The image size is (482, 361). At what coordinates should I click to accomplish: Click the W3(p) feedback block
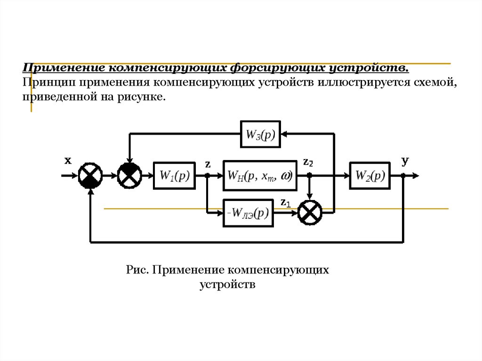click(x=260, y=135)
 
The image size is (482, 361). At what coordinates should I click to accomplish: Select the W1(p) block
click(x=174, y=176)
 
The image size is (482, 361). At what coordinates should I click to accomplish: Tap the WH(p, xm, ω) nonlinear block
click(x=260, y=176)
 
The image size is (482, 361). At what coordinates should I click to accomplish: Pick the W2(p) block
click(x=370, y=176)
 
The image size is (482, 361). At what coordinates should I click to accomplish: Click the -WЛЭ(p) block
click(x=248, y=213)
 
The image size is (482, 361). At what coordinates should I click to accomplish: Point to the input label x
click(x=68, y=160)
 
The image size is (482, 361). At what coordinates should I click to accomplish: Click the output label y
click(x=405, y=161)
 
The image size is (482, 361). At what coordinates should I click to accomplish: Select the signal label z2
click(x=308, y=162)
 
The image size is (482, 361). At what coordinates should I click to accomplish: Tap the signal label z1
click(x=286, y=203)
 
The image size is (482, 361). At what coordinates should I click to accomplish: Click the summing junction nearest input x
click(x=90, y=176)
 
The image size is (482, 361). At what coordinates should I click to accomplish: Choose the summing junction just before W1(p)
click(x=130, y=176)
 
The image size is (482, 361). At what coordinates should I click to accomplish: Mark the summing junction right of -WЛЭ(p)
click(x=310, y=213)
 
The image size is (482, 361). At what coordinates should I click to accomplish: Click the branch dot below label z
click(x=208, y=176)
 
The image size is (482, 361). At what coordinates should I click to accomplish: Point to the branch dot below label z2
click(x=310, y=176)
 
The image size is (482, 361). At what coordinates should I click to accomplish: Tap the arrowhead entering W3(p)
click(x=284, y=134)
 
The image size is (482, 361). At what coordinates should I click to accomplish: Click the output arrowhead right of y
click(x=416, y=176)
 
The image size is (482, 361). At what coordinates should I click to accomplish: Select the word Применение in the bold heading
click(x=64, y=68)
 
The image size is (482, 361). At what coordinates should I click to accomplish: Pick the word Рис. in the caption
click(x=137, y=270)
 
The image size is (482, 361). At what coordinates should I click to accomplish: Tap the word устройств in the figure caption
click(x=227, y=284)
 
